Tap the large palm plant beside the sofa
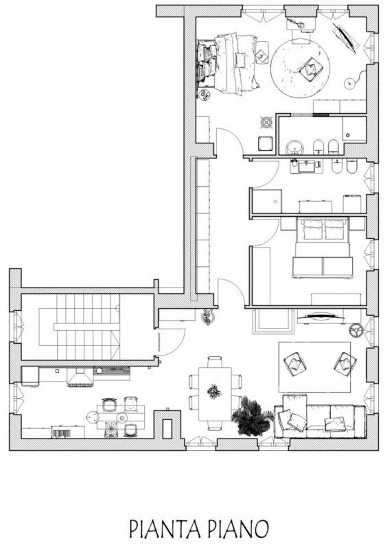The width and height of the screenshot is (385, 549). coord(252,416)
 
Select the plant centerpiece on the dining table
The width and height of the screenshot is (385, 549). coord(213,391)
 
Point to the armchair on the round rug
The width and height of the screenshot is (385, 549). coord(309,68)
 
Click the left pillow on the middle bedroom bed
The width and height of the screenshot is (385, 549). coord(312,230)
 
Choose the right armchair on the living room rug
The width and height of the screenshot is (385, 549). coord(345,364)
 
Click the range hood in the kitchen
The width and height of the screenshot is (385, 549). coord(80,377)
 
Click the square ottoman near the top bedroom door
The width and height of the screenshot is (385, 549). coord(266,143)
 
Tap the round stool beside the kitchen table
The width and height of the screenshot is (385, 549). coord(92,417)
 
